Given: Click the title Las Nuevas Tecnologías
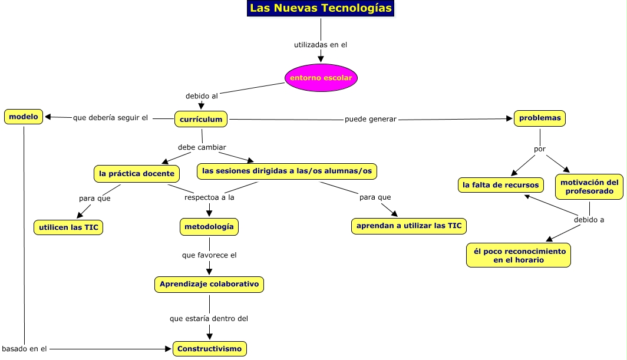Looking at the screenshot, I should point(321,8).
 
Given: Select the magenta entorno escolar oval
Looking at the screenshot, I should point(321,78).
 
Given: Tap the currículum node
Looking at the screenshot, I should point(201,119).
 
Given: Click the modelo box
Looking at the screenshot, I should point(24,117).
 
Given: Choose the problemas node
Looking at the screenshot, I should point(540,118).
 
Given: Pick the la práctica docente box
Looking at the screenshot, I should point(137,173).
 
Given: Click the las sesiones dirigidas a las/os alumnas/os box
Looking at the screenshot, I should point(287,171).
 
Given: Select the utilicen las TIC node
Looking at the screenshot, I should point(68,227).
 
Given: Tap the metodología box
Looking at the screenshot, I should point(209,226).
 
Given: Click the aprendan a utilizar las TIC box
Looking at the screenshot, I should point(409,226).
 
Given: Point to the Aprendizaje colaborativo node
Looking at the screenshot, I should point(209,284).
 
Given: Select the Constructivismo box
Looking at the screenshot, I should point(209,349).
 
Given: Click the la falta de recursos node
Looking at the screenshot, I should point(500,185).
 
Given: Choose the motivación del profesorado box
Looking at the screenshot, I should point(589,187).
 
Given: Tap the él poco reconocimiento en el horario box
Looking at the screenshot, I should point(519,255).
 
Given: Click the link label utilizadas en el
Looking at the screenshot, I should point(321,45).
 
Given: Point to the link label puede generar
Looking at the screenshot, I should point(371,120).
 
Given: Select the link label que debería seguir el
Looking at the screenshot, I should point(110,118).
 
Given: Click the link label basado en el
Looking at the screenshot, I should point(24,349).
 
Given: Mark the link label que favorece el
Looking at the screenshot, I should point(209,256).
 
